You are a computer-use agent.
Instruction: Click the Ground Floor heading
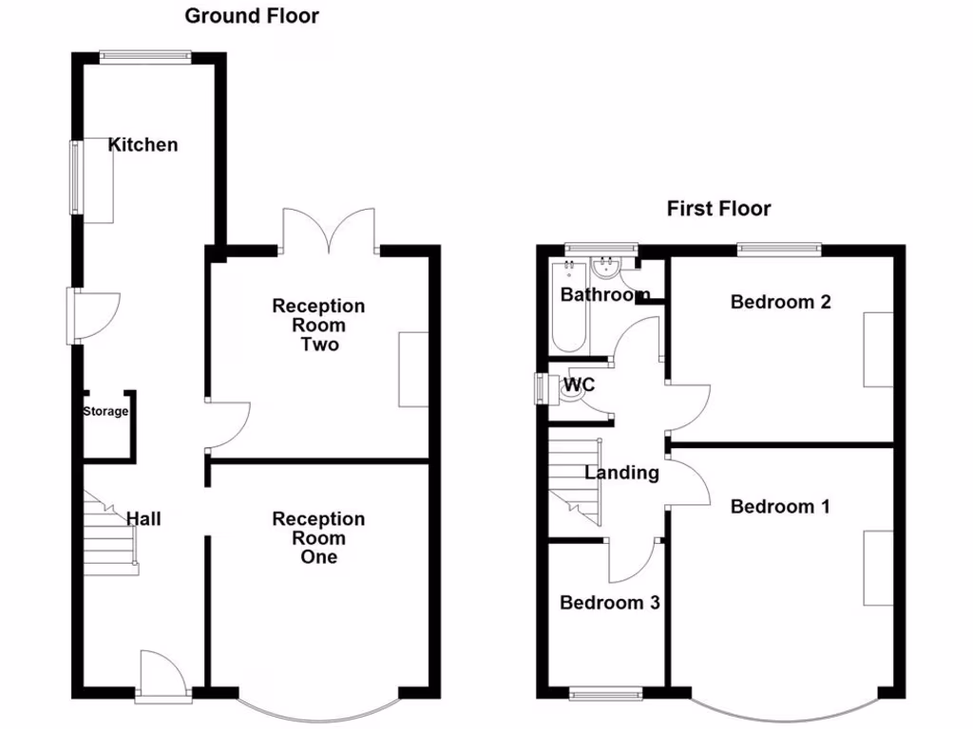(252, 16)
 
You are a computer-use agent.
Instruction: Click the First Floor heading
(718, 209)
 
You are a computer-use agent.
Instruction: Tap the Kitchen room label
(143, 145)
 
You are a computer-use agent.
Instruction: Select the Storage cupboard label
(105, 412)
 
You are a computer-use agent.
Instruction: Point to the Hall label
(144, 519)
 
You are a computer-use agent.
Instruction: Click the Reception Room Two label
(318, 325)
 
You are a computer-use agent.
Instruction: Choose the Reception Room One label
(318, 537)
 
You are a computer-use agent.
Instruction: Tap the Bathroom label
(605, 295)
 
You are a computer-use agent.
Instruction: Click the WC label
(579, 385)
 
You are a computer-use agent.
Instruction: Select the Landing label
(621, 473)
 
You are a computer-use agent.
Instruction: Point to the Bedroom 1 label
(780, 507)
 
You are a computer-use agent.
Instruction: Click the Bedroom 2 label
(781, 302)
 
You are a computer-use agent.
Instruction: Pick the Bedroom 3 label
(609, 603)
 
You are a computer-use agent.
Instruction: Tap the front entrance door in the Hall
(161, 676)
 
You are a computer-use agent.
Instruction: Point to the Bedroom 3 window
(605, 696)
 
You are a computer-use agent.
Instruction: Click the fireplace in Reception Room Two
(413, 369)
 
